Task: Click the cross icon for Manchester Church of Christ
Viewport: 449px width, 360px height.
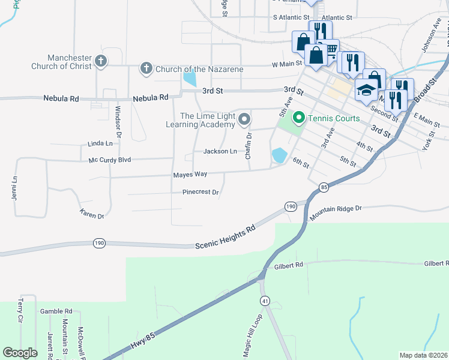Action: point(101,61)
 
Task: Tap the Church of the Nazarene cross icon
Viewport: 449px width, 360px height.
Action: point(146,68)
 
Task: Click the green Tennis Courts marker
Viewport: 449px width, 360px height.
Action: point(299,118)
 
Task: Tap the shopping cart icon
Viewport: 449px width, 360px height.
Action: point(330,49)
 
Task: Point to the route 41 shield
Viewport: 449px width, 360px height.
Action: point(265,299)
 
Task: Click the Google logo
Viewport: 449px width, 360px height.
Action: point(20,353)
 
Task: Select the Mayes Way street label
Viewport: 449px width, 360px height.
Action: point(190,174)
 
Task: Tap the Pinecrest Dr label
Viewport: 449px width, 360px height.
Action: point(200,193)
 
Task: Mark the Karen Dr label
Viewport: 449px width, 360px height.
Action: point(92,213)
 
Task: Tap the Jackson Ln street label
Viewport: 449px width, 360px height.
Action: point(220,151)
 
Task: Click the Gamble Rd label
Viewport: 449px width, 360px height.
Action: point(56,311)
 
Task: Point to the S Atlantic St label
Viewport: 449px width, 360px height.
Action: point(291,18)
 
